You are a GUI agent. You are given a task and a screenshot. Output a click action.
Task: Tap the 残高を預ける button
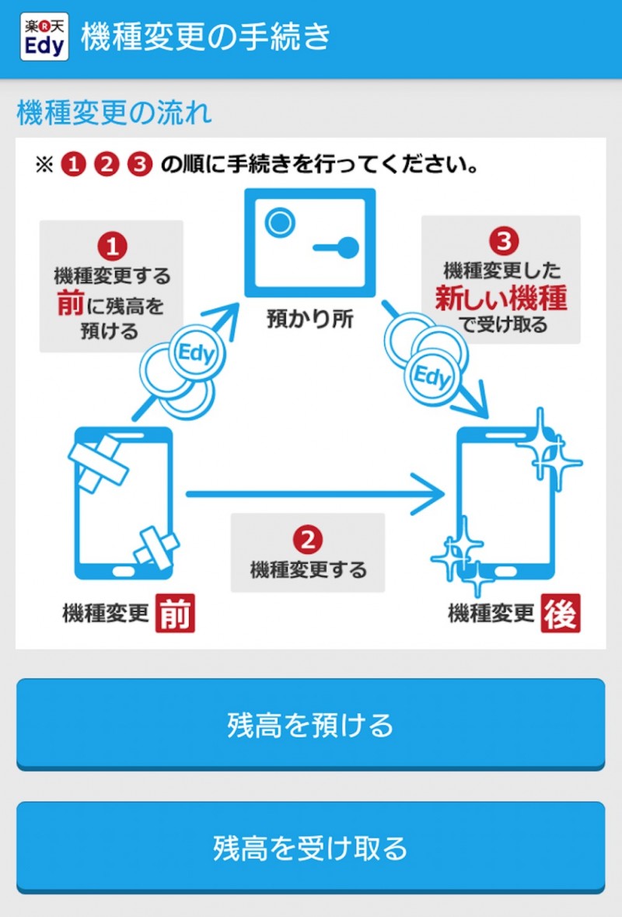pos(310,724)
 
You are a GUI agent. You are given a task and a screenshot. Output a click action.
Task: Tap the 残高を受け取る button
pos(310,847)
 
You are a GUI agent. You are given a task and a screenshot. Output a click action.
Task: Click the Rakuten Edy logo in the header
pos(44,37)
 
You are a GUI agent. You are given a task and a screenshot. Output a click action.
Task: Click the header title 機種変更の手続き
pos(206,37)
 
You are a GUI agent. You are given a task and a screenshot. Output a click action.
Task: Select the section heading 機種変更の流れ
pos(114,114)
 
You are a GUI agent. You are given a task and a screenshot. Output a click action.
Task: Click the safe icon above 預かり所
pos(309,243)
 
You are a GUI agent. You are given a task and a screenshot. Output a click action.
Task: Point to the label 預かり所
pos(309,320)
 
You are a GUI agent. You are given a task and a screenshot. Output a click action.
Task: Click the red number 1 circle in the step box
pos(111,247)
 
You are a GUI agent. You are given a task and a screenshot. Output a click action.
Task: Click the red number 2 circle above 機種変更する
pos(308,539)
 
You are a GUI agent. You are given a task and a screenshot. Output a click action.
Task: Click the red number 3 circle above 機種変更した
pos(503,241)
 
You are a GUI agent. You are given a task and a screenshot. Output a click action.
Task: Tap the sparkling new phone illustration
pos(505,502)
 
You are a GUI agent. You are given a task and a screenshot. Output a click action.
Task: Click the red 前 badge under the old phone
pos(174,614)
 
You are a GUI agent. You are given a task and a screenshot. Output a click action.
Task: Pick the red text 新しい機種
pos(501,298)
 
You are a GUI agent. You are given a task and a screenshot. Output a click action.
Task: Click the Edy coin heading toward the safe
pos(194,354)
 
